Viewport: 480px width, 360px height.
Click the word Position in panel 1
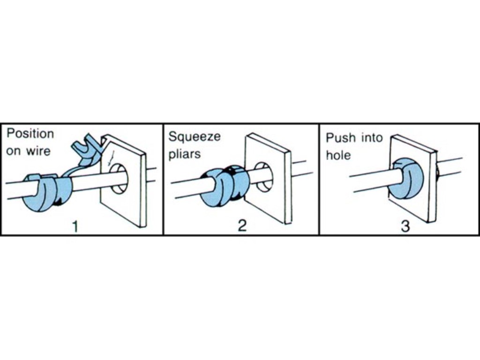click(x=30, y=134)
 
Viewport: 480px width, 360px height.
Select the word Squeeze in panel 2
click(x=195, y=137)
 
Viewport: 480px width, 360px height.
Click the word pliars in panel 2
click(x=185, y=154)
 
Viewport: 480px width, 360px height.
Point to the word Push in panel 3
click(x=341, y=138)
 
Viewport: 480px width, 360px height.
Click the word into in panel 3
click(x=372, y=138)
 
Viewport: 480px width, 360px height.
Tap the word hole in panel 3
click(x=338, y=155)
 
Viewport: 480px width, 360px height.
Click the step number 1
click(x=75, y=226)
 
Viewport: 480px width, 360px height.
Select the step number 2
click(x=242, y=226)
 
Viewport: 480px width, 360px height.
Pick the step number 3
click(x=405, y=226)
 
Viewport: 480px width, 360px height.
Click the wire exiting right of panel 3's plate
click(x=450, y=168)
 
